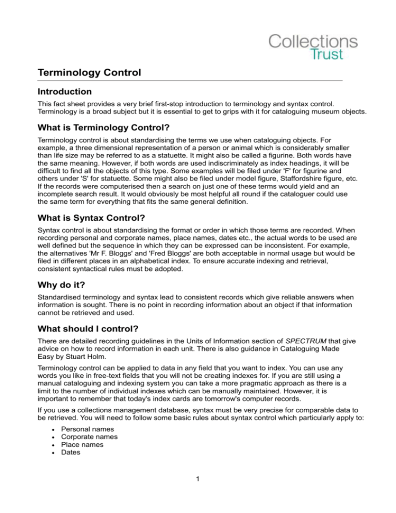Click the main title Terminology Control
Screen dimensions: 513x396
pyautogui.click(x=89, y=73)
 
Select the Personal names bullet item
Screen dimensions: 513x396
pyautogui.click(x=87, y=429)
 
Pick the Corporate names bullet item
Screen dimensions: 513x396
pyautogui.click(x=89, y=437)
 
